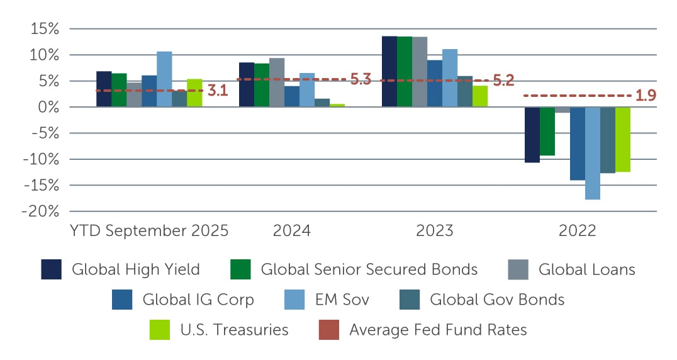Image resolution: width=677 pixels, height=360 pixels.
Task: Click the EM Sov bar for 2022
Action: tap(593, 153)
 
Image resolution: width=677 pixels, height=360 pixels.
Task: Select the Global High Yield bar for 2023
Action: tap(389, 72)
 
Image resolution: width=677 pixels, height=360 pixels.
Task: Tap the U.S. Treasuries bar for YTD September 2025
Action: tap(194, 93)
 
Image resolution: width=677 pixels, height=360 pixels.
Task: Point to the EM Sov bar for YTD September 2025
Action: tap(164, 79)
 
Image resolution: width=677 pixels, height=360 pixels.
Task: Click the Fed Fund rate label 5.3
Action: tap(361, 80)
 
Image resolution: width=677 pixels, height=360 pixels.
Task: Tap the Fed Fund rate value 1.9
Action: tap(645, 96)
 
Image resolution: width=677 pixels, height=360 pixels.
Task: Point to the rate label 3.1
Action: tap(217, 91)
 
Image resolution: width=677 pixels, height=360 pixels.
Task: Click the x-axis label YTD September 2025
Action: tap(149, 230)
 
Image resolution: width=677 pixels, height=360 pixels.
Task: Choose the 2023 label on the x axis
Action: tap(435, 230)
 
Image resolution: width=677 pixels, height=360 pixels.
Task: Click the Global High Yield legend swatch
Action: tap(51, 269)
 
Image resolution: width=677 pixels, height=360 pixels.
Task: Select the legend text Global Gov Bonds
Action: tap(497, 300)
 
